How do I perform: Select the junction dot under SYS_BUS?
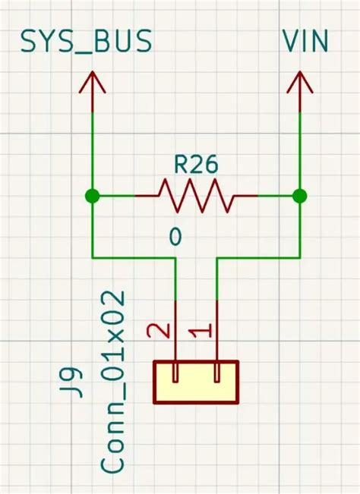click(x=92, y=196)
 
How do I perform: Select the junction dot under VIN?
click(x=300, y=196)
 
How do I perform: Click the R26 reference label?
click(x=196, y=163)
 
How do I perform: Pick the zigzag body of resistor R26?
click(x=196, y=196)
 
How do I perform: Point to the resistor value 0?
click(x=175, y=238)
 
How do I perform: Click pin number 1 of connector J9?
click(x=201, y=332)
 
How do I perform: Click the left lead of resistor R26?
click(x=146, y=196)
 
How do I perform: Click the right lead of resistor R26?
click(x=246, y=196)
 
